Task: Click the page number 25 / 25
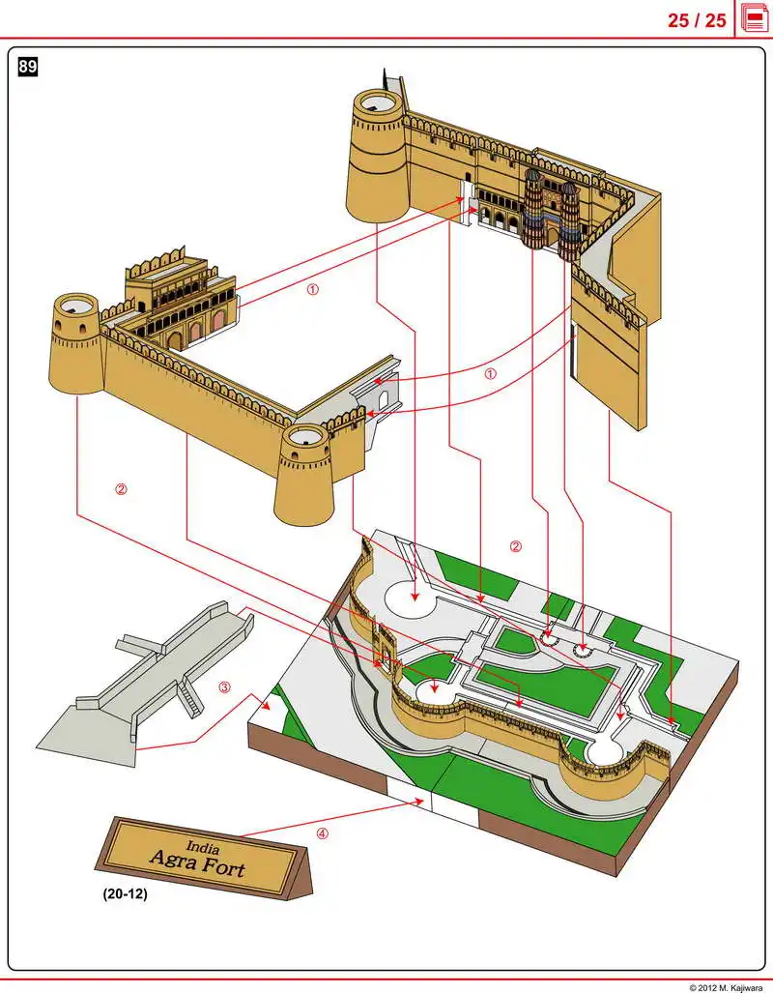pyautogui.click(x=696, y=19)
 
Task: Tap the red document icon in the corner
pyautogui.click(x=754, y=18)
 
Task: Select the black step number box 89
pyautogui.click(x=28, y=67)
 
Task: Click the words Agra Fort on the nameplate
pyautogui.click(x=196, y=861)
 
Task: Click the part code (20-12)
pyautogui.click(x=125, y=895)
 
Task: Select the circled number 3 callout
pyautogui.click(x=224, y=688)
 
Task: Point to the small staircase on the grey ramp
pyautogui.click(x=191, y=698)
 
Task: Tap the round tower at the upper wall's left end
pyautogui.click(x=377, y=155)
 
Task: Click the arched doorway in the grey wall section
pyautogui.click(x=383, y=397)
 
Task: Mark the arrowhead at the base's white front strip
pyautogui.click(x=421, y=800)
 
